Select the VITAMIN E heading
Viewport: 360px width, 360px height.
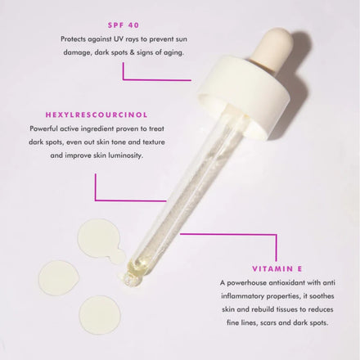click(277, 268)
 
